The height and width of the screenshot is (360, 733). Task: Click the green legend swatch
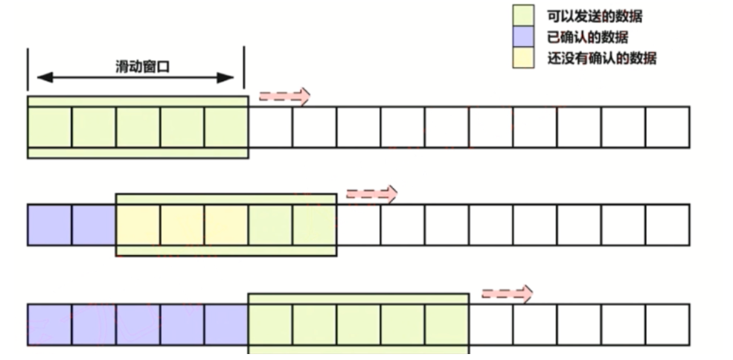pos(524,16)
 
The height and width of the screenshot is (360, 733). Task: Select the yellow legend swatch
pos(524,58)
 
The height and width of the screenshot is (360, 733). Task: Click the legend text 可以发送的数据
pos(595,16)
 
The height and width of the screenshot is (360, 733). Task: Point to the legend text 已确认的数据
pos(589,37)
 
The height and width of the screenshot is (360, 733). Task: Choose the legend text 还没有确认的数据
pos(601,58)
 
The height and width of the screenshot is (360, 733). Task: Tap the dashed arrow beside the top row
pos(284,96)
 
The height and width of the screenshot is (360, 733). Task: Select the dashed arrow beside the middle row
pos(371,194)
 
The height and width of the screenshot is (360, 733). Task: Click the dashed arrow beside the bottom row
pos(507,293)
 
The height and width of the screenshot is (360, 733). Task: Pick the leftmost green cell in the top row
pos(50,127)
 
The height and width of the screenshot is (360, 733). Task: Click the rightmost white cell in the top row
pos(667,127)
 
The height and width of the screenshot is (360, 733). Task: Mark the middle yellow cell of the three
pos(182,225)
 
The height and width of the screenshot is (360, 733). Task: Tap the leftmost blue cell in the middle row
pos(50,225)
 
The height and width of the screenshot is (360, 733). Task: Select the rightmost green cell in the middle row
pos(314,225)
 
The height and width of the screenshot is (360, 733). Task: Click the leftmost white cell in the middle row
pos(358,225)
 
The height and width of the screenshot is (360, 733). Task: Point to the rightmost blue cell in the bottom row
pos(225,324)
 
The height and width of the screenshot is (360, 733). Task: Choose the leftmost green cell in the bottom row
pos(270,324)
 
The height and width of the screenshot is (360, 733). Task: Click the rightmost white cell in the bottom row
pos(667,324)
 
